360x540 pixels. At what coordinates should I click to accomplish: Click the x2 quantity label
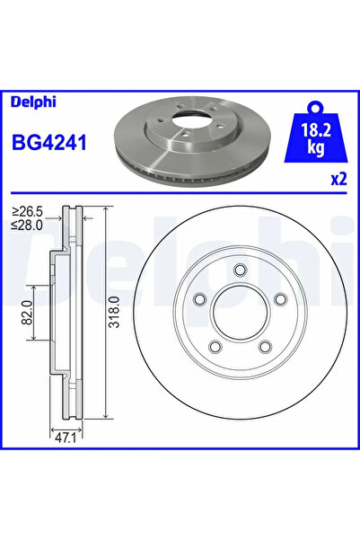338,179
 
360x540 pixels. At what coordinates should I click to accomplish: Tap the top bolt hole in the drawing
238,270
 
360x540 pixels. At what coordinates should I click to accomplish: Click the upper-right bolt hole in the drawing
278,300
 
